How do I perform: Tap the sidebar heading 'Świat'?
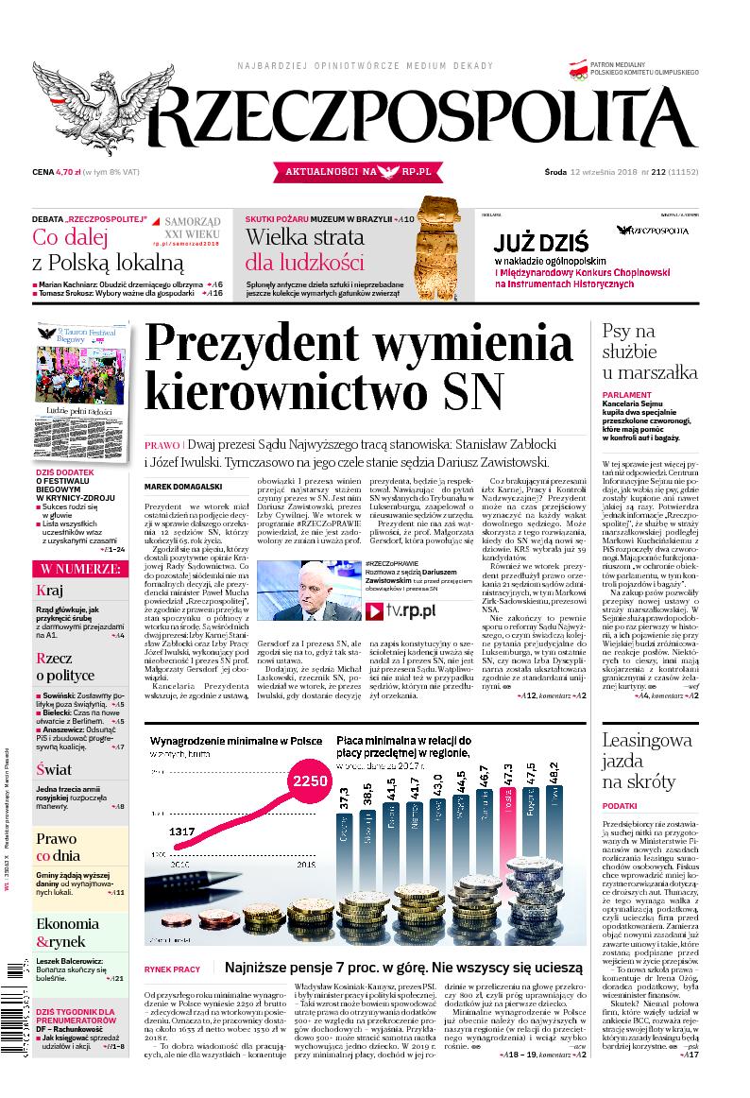54,769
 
